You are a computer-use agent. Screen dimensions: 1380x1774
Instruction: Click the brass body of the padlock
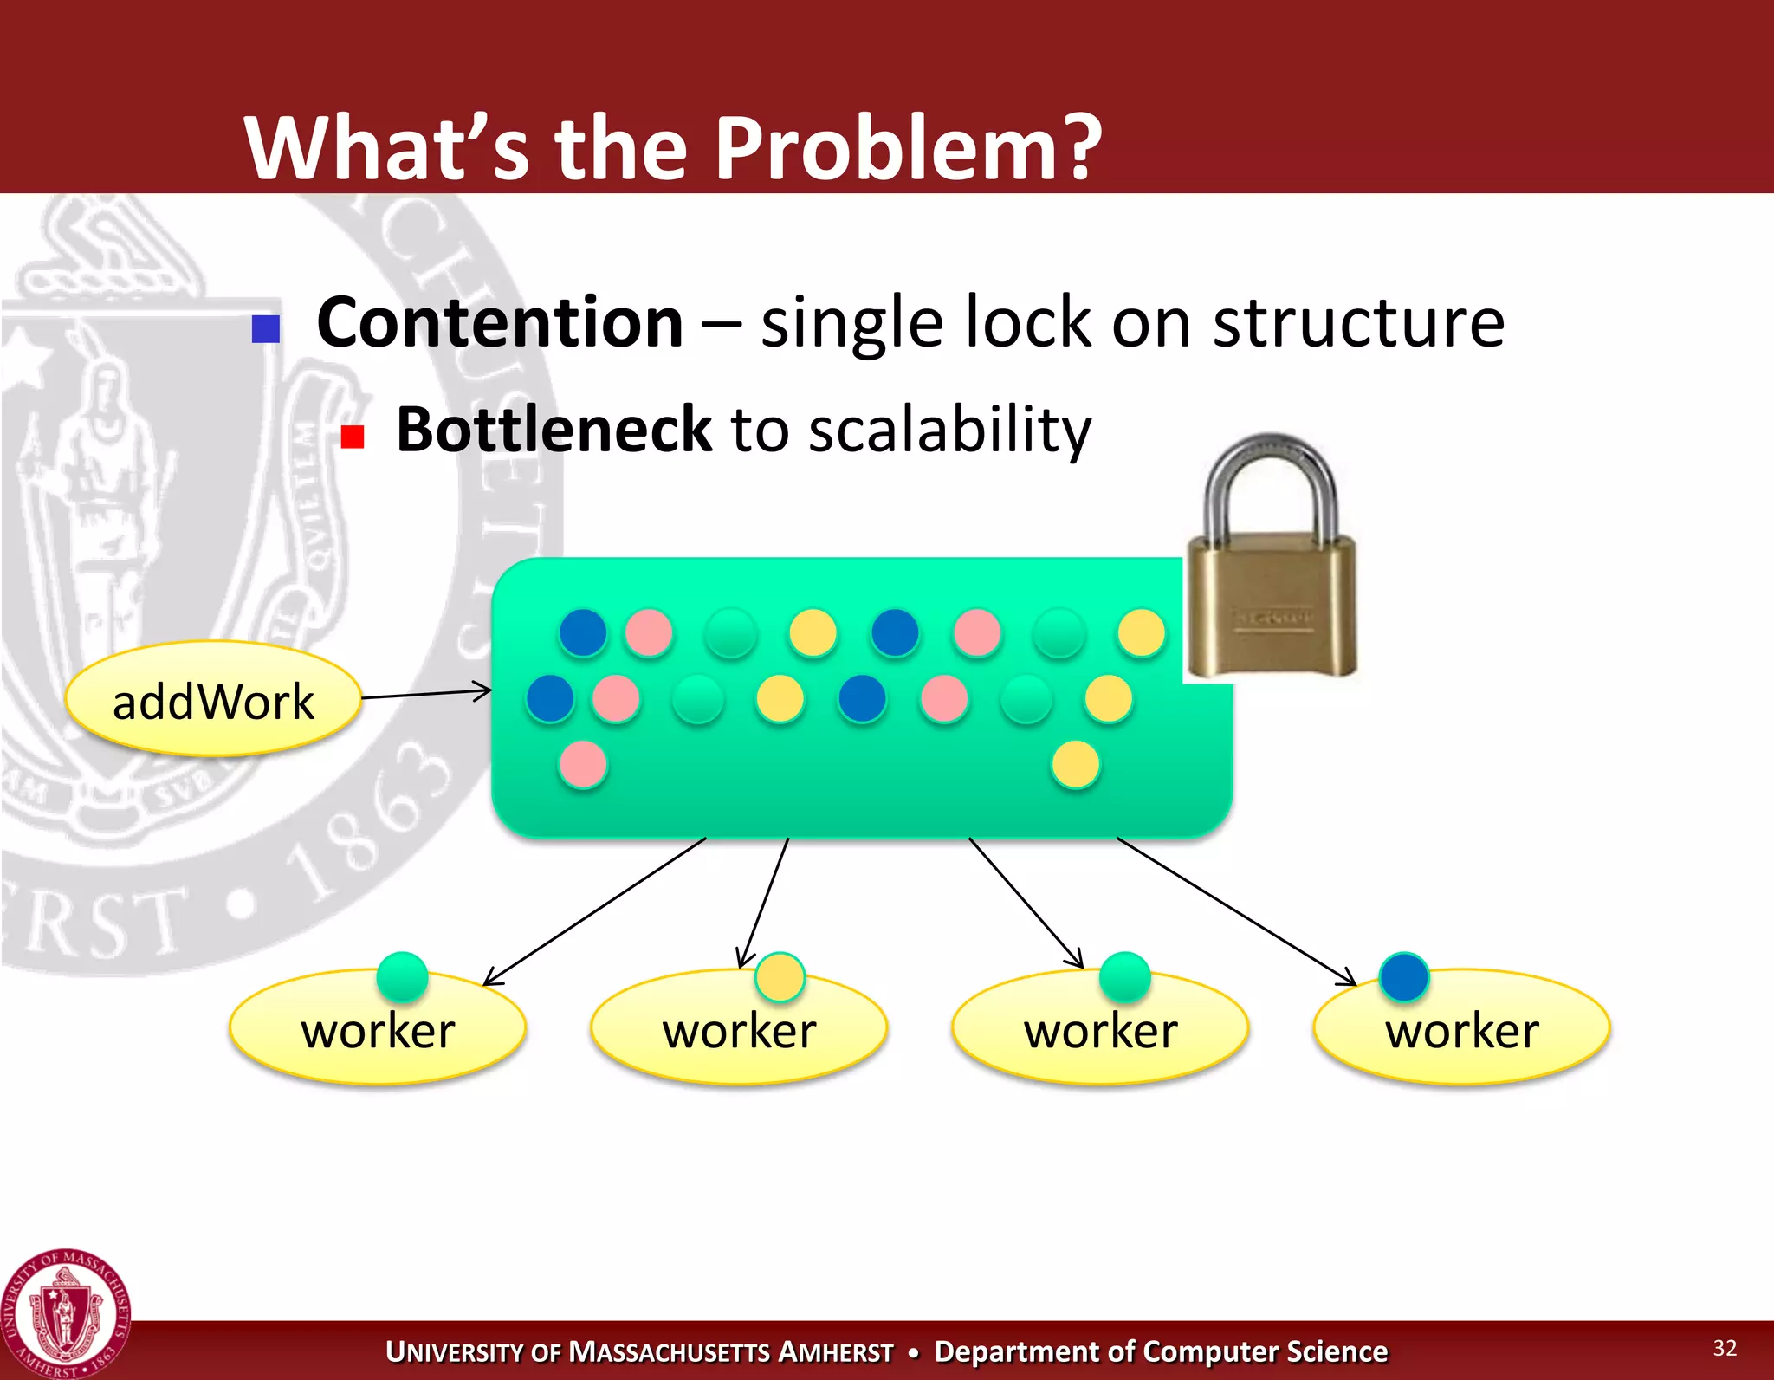[1271, 611]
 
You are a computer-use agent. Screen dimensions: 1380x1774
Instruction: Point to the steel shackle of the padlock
[1270, 468]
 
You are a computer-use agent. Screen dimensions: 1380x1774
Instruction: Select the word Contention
[500, 323]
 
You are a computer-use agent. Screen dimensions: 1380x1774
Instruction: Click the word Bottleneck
[553, 431]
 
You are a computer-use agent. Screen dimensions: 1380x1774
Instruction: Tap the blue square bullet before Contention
[266, 328]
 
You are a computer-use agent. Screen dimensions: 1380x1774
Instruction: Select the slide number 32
[1724, 1347]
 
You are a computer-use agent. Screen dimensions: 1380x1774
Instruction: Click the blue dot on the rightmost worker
[1403, 976]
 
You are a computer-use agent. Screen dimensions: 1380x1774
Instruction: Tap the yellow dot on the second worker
[780, 977]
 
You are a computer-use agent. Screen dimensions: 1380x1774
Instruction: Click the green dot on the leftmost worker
[402, 976]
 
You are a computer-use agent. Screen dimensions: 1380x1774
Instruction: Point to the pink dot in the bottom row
[583, 765]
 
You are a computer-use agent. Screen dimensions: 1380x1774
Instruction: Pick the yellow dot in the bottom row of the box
[1076, 765]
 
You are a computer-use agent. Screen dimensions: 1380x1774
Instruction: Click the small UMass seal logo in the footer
[65, 1314]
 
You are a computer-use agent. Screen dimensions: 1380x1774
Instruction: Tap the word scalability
[949, 431]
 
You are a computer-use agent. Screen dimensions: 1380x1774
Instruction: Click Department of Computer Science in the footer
[1161, 1351]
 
